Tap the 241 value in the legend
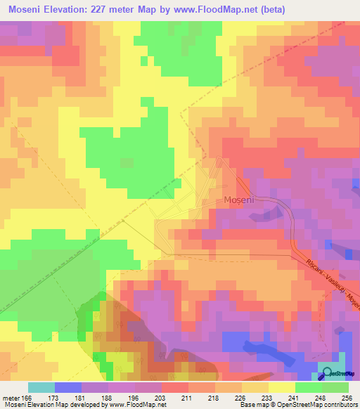point(294,397)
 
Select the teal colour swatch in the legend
point(41,387)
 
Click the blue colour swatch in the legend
point(68,387)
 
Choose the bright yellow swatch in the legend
point(282,387)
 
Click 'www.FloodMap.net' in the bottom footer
point(134,405)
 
